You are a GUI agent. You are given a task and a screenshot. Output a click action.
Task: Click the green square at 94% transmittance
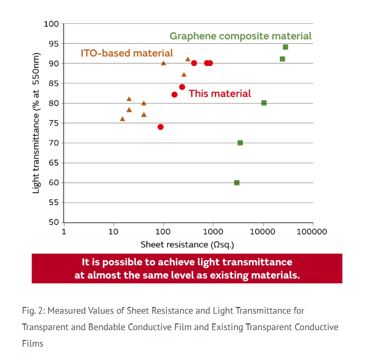(x=286, y=47)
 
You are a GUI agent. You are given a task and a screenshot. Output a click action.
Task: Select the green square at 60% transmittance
(x=237, y=183)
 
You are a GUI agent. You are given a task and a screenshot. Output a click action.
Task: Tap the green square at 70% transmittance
(x=240, y=143)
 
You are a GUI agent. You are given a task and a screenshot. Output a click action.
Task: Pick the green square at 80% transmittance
(x=264, y=103)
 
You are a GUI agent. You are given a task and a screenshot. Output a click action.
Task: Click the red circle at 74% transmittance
(x=160, y=127)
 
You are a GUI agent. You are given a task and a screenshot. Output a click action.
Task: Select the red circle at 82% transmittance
(x=174, y=95)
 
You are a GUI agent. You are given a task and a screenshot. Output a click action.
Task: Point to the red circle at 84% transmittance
(x=182, y=87)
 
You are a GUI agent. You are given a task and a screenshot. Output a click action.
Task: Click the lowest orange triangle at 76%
(x=123, y=119)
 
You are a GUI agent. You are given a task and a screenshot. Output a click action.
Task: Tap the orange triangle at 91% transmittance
(x=188, y=59)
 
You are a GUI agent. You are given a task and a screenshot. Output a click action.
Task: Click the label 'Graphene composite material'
(x=241, y=36)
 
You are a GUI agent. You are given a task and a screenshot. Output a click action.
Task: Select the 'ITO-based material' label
(x=127, y=53)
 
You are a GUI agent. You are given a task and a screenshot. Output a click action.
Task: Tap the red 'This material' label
(x=220, y=94)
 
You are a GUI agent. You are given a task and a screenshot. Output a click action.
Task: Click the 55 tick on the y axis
(x=54, y=202)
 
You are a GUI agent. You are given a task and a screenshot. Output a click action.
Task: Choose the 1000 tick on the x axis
(x=213, y=232)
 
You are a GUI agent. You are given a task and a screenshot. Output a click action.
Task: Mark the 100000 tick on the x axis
(x=312, y=232)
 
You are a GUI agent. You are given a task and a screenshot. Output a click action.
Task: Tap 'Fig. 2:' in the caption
(x=34, y=311)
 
